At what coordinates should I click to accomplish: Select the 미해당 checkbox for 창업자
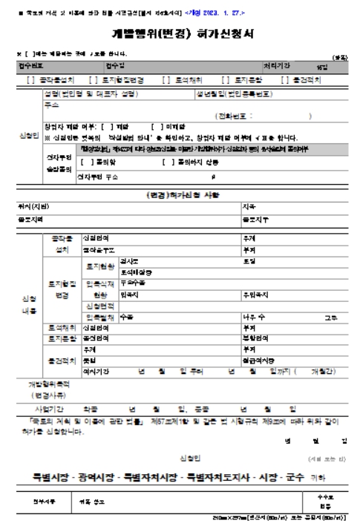coord(157,127)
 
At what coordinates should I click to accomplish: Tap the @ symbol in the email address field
coord(213,177)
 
